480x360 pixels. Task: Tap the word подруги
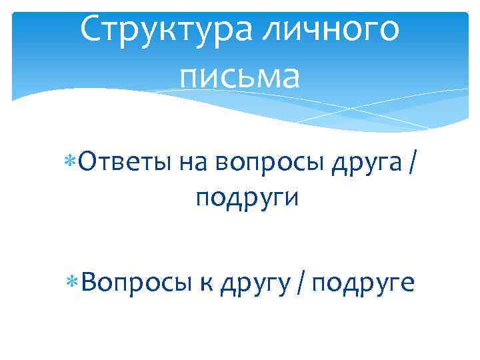247,198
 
